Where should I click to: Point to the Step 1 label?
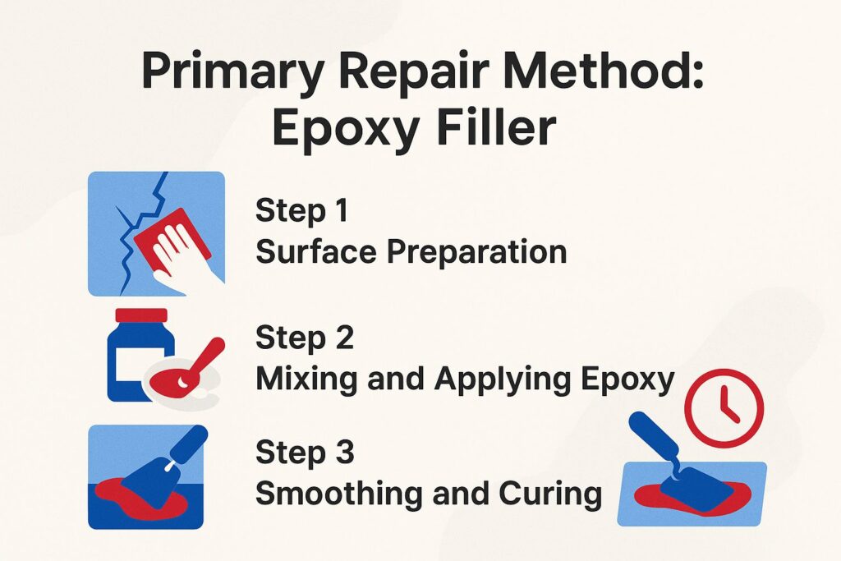pyautogui.click(x=301, y=211)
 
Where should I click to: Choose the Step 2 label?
pyautogui.click(x=304, y=338)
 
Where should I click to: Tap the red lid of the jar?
pyautogui.click(x=141, y=315)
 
